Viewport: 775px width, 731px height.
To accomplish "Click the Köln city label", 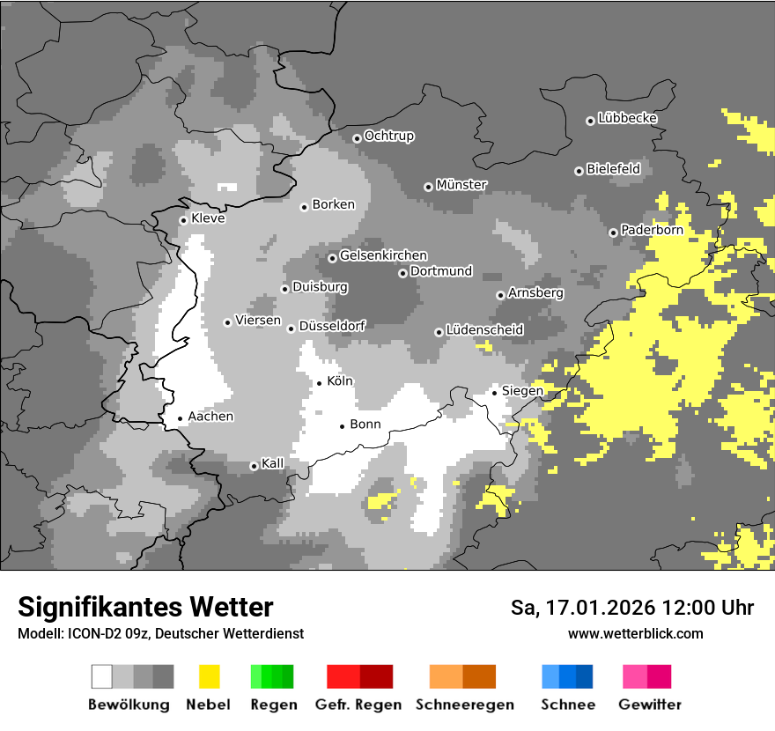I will coord(340,381).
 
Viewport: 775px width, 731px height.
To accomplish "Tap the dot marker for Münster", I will coord(428,187).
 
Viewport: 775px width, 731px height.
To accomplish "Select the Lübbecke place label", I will coord(627,118).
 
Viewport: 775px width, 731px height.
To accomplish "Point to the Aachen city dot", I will coord(180,419).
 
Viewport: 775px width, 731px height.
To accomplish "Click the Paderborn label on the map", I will coord(652,230).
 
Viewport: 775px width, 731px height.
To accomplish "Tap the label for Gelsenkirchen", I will coord(383,255).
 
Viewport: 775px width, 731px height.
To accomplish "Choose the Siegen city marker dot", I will coord(495,393).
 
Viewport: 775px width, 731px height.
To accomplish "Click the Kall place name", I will coord(272,463).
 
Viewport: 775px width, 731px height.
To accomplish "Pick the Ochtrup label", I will coord(388,136).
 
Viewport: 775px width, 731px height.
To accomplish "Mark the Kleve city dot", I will coord(183,220).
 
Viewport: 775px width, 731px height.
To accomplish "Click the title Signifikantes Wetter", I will coord(145,607).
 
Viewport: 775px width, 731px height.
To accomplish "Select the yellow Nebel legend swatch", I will coord(209,676).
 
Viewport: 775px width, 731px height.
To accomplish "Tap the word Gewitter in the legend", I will coord(649,705).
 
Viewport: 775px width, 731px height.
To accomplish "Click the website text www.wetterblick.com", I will coord(635,633).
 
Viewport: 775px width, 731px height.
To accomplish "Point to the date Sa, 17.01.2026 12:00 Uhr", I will coord(631,608).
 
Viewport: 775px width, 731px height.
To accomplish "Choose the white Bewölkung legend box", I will coord(102,676).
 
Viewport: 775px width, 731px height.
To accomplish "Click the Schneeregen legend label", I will coord(463,705).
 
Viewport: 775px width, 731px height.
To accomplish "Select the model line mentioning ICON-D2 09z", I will coord(160,633).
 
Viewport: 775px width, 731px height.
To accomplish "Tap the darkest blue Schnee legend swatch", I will coord(584,676).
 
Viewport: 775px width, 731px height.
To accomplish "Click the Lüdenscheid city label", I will coord(484,329).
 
